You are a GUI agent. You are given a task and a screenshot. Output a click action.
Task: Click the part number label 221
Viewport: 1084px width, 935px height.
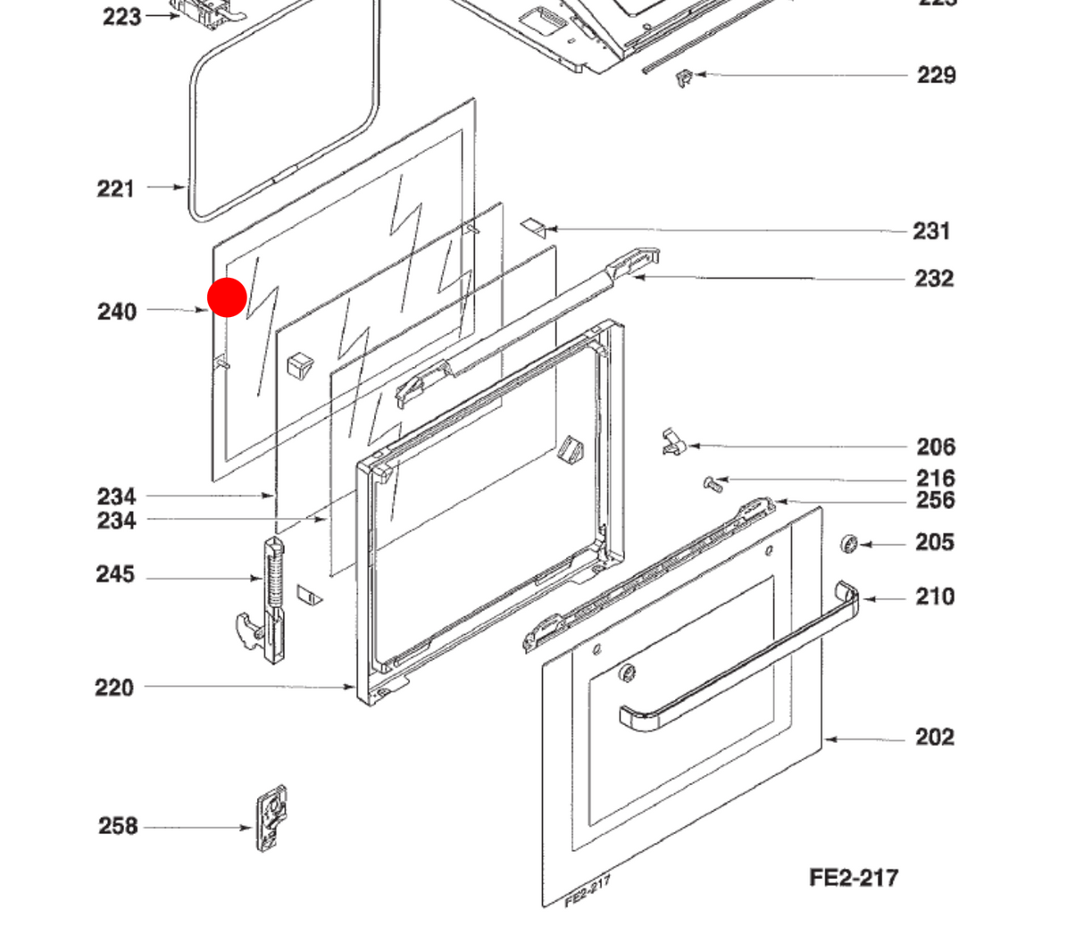click(x=115, y=188)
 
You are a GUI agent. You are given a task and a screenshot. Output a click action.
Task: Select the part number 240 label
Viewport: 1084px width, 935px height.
click(x=117, y=312)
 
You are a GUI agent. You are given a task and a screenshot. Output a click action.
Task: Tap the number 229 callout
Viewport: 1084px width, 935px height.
click(x=936, y=76)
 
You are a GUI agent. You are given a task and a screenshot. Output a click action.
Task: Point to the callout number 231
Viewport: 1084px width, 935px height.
click(x=931, y=231)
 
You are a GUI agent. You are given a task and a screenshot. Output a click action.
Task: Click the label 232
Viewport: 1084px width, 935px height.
click(x=934, y=279)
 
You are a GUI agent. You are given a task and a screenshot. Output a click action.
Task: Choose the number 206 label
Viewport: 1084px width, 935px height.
click(x=936, y=447)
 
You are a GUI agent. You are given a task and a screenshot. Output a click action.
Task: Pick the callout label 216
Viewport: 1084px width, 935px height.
click(x=936, y=479)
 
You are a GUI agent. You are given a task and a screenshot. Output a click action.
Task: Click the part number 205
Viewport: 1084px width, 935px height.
click(x=935, y=543)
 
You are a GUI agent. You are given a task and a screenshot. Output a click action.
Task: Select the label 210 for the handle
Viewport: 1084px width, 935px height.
click(x=935, y=597)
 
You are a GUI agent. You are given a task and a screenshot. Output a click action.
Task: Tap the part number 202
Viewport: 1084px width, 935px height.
click(x=935, y=737)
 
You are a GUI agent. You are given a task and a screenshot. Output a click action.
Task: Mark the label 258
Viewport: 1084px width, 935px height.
click(x=118, y=826)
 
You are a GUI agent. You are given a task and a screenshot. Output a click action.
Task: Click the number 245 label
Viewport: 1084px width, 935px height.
click(x=115, y=574)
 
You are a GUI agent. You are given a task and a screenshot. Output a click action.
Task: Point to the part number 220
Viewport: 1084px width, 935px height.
click(x=114, y=688)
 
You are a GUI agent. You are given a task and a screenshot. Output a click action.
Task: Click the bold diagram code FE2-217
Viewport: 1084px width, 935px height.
click(x=854, y=878)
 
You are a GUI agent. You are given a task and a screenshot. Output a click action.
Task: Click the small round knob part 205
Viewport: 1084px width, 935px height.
click(x=849, y=543)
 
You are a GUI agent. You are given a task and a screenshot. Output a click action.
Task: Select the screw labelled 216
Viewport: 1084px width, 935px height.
click(x=712, y=484)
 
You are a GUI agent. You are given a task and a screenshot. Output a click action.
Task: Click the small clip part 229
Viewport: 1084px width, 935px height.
click(x=684, y=79)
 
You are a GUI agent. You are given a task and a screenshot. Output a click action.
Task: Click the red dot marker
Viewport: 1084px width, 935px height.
click(x=227, y=297)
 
